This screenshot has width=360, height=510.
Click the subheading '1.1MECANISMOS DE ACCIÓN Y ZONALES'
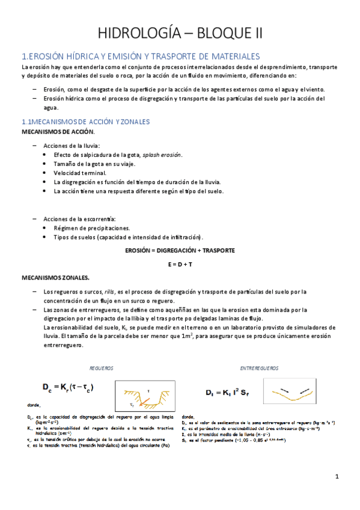pyautogui.click(x=85, y=121)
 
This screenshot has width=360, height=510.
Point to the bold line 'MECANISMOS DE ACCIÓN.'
pyautogui.click(x=58, y=131)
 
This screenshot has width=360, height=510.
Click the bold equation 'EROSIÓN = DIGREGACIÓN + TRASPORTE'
pyautogui.click(x=180, y=250)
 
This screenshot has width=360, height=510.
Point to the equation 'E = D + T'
pyautogui.click(x=180, y=263)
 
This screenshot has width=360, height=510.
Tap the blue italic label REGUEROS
pyautogui.click(x=101, y=366)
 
